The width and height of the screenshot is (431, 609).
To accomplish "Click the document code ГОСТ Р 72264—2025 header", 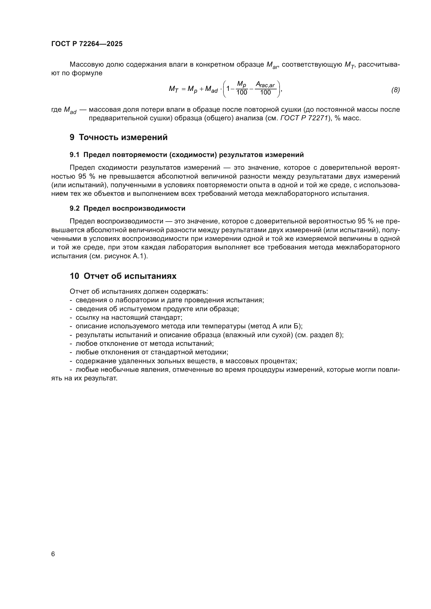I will (x=87, y=44).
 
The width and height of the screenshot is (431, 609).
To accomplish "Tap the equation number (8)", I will (x=395, y=90).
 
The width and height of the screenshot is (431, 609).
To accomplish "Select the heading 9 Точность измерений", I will (x=119, y=137).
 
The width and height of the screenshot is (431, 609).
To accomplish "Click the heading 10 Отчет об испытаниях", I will (x=123, y=276).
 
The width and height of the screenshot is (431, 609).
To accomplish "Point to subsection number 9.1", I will (x=75, y=155).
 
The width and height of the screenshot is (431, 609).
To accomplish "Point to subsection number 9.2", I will (x=75, y=209).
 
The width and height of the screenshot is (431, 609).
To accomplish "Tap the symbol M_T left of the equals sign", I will (x=173, y=89).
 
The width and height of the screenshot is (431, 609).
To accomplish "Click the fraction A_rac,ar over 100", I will (x=265, y=89).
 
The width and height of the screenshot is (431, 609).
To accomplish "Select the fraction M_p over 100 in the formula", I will (x=242, y=89).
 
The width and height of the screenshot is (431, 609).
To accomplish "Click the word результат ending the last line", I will (x=103, y=379).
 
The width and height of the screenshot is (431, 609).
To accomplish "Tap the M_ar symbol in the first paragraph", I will (x=272, y=65).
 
